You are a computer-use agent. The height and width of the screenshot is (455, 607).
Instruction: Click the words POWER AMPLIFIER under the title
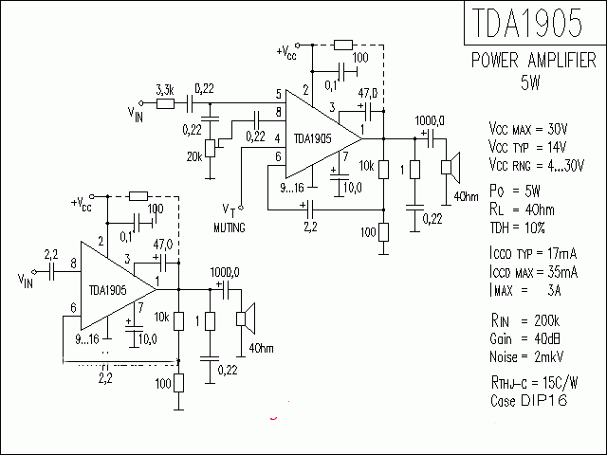(534, 62)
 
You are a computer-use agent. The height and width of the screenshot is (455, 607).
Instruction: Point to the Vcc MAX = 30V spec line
(527, 128)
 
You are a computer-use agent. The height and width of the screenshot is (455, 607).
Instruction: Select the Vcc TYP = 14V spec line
(527, 147)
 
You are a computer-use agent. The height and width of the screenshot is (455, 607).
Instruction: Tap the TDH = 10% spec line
(519, 229)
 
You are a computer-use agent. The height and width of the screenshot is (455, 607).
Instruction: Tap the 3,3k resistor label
(163, 88)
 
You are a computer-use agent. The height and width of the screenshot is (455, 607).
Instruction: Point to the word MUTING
(230, 228)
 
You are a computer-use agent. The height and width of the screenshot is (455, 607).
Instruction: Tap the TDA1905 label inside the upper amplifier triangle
(312, 137)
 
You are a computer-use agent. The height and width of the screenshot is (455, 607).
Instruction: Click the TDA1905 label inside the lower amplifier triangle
(107, 290)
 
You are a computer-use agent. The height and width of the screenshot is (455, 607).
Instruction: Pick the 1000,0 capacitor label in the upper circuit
(430, 121)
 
